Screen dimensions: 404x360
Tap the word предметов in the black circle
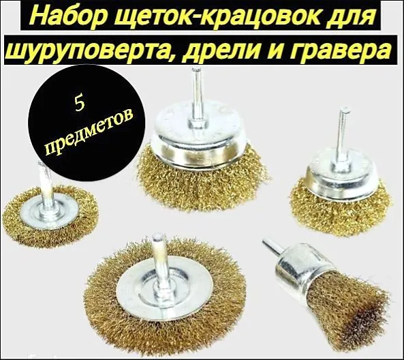coord(88,134)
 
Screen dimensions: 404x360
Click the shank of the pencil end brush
coord(273,247)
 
